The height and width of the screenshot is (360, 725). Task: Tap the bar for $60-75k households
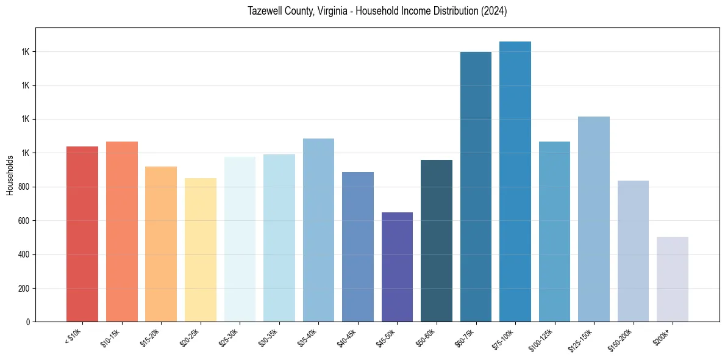(476, 187)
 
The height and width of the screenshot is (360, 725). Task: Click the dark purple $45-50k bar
(397, 267)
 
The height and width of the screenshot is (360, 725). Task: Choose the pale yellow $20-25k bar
(201, 250)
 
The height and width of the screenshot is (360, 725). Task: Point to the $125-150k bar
(594, 219)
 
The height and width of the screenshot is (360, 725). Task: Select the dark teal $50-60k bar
(437, 240)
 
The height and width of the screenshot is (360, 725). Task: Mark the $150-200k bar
(633, 251)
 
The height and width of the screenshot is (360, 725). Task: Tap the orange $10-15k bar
(122, 231)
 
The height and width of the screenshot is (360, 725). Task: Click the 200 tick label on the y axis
(24, 288)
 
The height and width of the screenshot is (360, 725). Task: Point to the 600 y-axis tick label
(24, 221)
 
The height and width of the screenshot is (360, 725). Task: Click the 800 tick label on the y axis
(24, 187)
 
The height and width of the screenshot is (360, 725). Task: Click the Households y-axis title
(10, 175)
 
